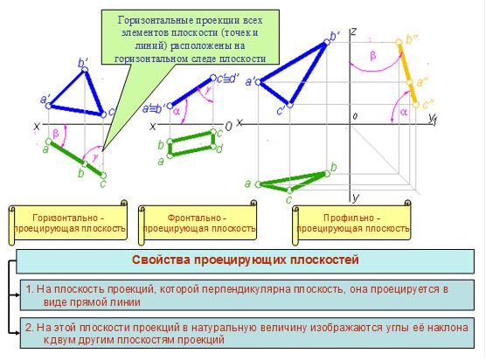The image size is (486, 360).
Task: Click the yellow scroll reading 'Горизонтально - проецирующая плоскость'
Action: [x=68, y=223]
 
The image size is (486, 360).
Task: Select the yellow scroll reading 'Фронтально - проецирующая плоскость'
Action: [x=198, y=223]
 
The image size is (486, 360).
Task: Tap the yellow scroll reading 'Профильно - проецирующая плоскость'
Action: [x=351, y=223]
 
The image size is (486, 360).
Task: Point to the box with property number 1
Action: [x=247, y=295]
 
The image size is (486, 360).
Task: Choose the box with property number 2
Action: [x=247, y=333]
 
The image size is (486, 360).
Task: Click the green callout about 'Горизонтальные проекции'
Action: [x=191, y=38]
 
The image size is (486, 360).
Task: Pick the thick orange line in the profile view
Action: [x=408, y=73]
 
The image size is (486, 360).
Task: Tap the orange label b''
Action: [x=412, y=39]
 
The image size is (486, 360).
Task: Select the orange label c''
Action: [x=427, y=104]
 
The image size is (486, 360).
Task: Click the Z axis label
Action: [x=353, y=31]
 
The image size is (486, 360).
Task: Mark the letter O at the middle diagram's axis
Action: [x=228, y=127]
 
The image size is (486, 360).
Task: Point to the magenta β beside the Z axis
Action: [x=373, y=56]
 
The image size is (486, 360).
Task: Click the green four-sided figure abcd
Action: [x=191, y=143]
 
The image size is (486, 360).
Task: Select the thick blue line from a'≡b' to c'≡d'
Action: [x=191, y=92]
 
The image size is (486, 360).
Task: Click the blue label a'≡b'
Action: [x=153, y=109]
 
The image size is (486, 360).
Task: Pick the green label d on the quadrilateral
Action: [x=219, y=149]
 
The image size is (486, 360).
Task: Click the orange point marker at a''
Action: [x=410, y=82]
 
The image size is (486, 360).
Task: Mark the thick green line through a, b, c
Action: [x=76, y=158]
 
